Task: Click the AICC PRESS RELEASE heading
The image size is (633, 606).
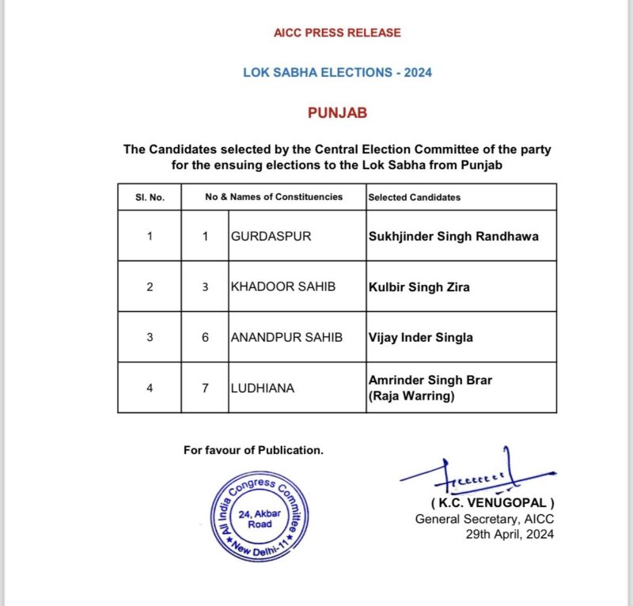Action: pyautogui.click(x=337, y=32)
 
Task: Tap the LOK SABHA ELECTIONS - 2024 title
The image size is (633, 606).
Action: pyautogui.click(x=337, y=73)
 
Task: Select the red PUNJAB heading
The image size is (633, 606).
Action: pyautogui.click(x=337, y=113)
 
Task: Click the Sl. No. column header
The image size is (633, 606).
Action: pyautogui.click(x=150, y=197)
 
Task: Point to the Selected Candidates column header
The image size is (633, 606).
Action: pyautogui.click(x=414, y=197)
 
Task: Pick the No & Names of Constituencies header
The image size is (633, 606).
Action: pyautogui.click(x=274, y=197)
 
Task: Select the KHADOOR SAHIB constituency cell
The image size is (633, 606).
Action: pyautogui.click(x=282, y=286)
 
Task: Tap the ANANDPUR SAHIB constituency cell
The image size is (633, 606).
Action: pyautogui.click(x=286, y=337)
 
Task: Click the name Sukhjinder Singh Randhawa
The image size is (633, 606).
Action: pyautogui.click(x=453, y=236)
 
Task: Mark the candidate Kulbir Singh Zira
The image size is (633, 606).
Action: pyautogui.click(x=419, y=286)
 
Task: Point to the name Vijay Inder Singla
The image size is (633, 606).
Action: pyautogui.click(x=420, y=337)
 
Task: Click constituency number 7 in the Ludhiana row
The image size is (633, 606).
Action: pyautogui.click(x=205, y=388)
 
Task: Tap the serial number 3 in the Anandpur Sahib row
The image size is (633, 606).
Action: pyautogui.click(x=150, y=337)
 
